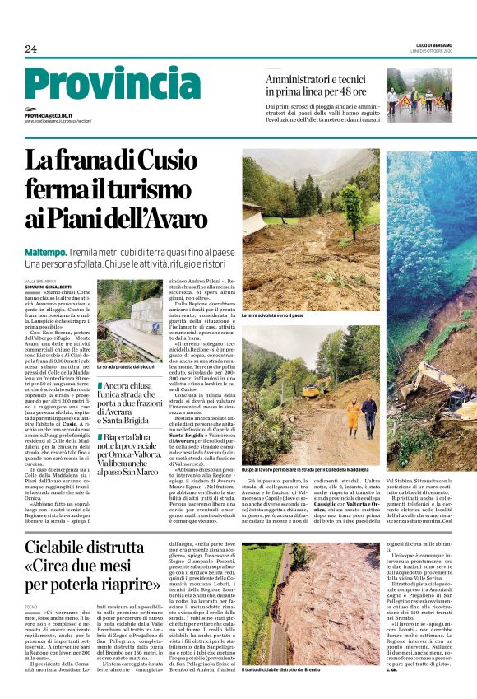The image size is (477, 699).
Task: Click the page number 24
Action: tap(30, 49)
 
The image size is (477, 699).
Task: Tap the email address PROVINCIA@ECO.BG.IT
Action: tap(49, 116)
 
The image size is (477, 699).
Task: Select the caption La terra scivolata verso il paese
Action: tap(272, 315)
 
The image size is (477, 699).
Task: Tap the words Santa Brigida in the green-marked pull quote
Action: tap(121, 420)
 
